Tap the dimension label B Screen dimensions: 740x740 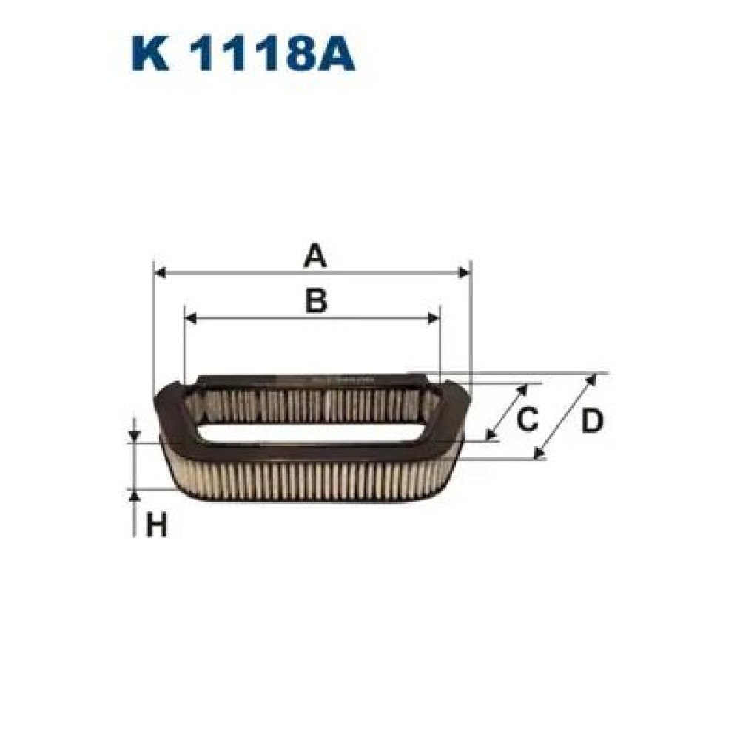point(316,301)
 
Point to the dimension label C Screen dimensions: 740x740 point(526,420)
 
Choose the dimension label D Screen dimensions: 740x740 point(591,421)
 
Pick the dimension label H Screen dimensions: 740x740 point(156,526)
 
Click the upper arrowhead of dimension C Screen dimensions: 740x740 point(523,388)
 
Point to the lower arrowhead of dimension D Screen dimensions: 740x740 point(539,452)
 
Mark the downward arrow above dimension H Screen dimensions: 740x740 point(134,436)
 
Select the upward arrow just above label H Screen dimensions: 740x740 point(134,497)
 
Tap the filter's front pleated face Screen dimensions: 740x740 point(311,481)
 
